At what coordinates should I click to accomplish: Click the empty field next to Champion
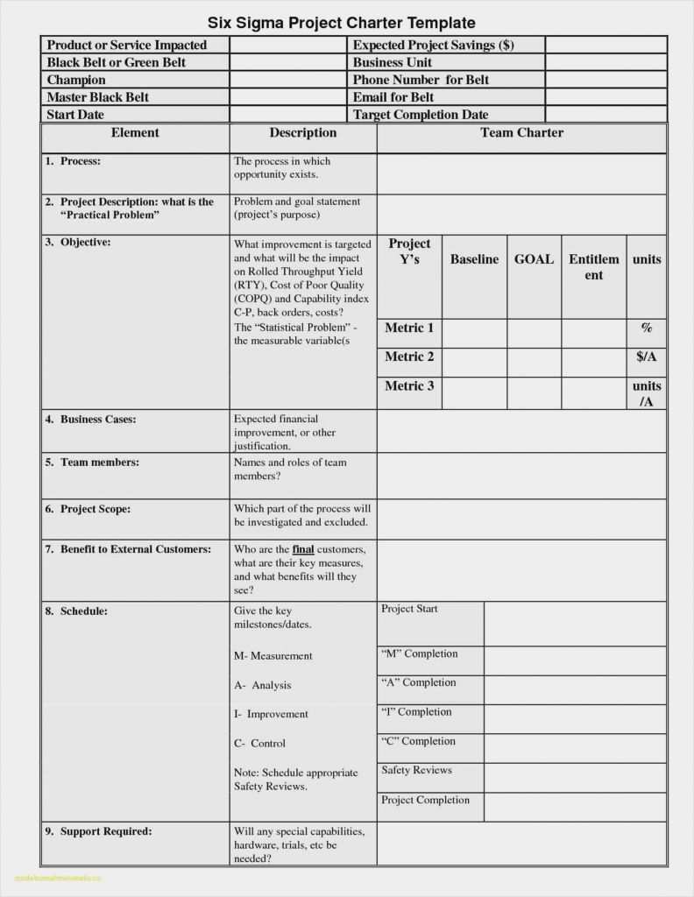tap(289, 80)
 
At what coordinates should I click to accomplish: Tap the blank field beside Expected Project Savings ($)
tap(605, 46)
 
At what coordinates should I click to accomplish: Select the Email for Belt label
tap(393, 97)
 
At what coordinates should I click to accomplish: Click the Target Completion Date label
tap(421, 115)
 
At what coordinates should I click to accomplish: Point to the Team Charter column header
tap(521, 133)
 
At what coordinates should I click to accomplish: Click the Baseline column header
tap(474, 259)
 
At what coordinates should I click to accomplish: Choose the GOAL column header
tap(534, 259)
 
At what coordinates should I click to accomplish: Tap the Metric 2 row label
tap(409, 357)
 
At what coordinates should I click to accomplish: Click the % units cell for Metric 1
tap(647, 328)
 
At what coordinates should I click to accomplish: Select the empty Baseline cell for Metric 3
tap(474, 393)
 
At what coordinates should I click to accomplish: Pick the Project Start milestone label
tap(409, 609)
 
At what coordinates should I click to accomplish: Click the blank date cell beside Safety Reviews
tap(575, 777)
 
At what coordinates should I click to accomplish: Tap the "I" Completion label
tap(416, 712)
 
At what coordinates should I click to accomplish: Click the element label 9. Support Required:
tap(98, 830)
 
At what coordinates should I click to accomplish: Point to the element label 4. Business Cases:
tap(90, 420)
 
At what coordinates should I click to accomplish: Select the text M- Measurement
tap(273, 655)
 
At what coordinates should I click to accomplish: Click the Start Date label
tap(75, 115)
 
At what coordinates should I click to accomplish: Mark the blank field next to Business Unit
tap(605, 62)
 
